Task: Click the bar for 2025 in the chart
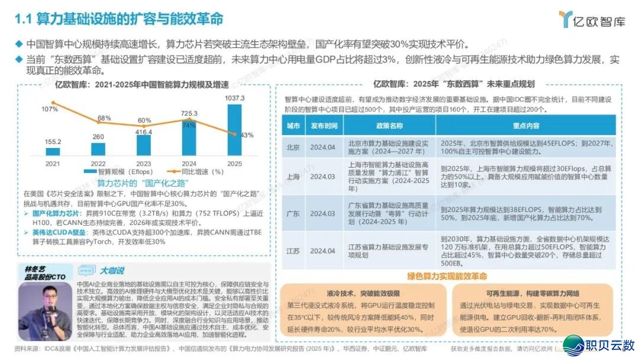(x=235, y=130)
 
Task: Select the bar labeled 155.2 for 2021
(x=53, y=151)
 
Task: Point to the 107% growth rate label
(x=50, y=110)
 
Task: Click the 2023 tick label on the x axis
(x=144, y=163)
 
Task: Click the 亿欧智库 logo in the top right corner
(x=592, y=20)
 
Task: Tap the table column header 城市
(x=293, y=126)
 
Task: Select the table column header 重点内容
(x=525, y=126)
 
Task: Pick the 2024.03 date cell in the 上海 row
(x=323, y=176)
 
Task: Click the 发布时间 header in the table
(x=324, y=126)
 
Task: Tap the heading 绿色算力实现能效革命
(x=447, y=276)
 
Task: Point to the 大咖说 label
(x=111, y=271)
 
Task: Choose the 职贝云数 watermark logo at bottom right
(x=598, y=343)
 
